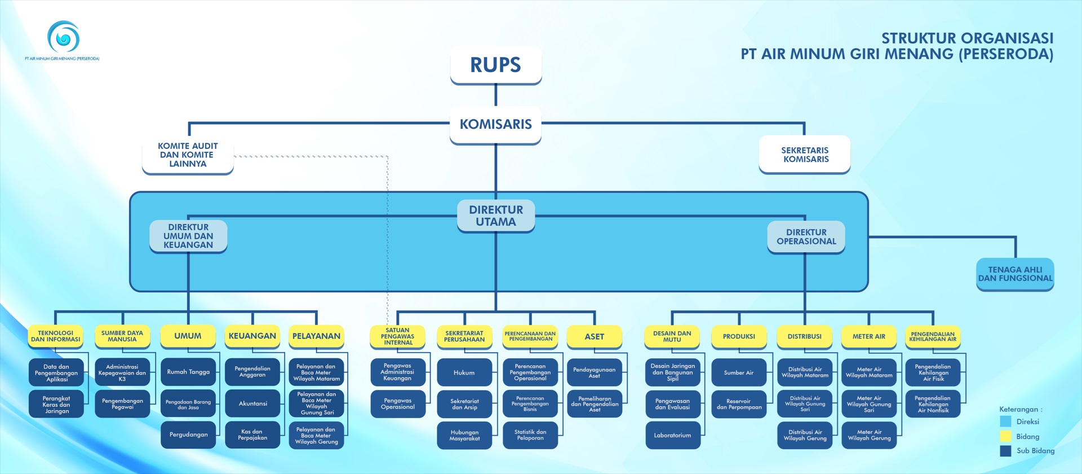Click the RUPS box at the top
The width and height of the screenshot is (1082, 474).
495,65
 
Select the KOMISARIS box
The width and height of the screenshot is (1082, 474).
495,124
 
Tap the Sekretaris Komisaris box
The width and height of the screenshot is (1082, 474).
805,155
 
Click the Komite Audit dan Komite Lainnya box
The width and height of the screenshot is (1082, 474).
188,155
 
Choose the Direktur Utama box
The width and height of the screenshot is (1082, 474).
496,216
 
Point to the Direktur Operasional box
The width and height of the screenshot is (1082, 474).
806,237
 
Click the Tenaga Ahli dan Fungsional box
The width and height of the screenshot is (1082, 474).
1015,274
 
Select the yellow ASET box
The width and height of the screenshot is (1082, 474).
594,337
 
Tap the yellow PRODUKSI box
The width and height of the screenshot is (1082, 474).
738,337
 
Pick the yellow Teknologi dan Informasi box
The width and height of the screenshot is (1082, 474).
55,336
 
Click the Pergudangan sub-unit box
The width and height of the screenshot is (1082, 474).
188,434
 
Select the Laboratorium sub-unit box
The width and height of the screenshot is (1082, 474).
672,435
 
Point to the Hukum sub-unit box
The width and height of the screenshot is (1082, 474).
464,372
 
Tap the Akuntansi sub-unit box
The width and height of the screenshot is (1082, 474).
252,403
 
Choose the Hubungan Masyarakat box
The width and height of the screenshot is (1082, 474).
464,435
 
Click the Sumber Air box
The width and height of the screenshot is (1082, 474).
738,372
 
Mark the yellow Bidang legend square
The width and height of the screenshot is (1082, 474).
1005,436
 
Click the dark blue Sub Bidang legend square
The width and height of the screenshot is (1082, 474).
1005,451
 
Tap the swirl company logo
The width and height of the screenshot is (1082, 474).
63,37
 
